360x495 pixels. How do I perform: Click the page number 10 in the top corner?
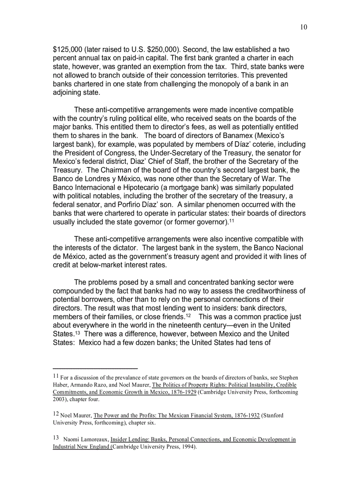[304, 27]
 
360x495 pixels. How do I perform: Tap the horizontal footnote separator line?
[95, 368]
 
